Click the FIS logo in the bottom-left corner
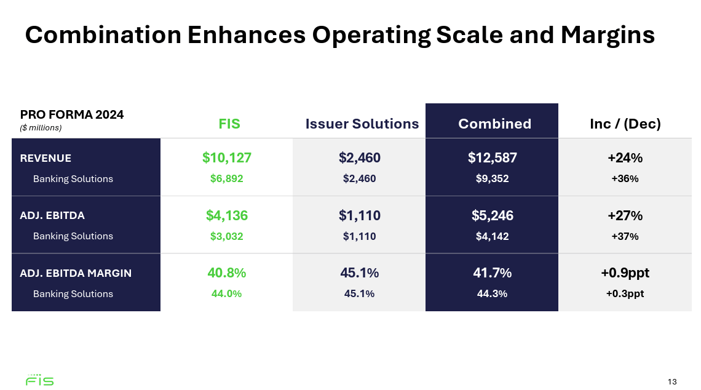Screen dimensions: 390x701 pos(39,380)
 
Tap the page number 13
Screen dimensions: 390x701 pos(671,382)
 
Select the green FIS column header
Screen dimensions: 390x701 pos(229,124)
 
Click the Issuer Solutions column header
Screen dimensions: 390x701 pos(362,124)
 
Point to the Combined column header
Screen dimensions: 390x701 pos(494,124)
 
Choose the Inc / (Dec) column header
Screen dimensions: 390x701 pos(625,124)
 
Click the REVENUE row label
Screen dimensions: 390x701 pos(46,158)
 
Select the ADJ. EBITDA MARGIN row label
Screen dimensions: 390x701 pos(76,273)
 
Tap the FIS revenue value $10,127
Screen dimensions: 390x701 pos(227,157)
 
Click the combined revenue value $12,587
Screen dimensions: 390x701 pos(492,157)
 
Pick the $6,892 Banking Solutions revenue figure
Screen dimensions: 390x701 pos(227,179)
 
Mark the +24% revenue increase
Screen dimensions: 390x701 pos(625,157)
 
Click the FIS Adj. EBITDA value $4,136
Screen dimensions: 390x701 pos(227,215)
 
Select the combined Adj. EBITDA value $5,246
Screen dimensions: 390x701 pos(492,215)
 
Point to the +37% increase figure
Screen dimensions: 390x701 pos(625,236)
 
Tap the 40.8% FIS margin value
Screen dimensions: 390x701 pos(227,273)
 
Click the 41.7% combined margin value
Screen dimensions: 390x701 pos(492,273)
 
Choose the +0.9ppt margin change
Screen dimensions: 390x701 pos(625,273)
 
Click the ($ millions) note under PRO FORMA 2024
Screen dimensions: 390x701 pos(41,128)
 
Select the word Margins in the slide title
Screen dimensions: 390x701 pos(607,35)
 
